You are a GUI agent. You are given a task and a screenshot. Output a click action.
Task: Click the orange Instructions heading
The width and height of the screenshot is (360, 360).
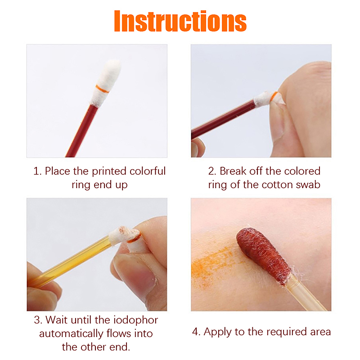click(180, 21)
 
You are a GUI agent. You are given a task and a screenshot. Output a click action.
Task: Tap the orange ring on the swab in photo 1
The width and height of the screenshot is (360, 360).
click(103, 89)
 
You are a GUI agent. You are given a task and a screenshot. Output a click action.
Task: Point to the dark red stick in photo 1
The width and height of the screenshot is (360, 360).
click(82, 131)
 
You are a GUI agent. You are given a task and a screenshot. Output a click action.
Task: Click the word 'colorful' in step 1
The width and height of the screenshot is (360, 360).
click(148, 171)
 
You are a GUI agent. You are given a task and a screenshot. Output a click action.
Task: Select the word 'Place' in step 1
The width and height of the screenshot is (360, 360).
click(58, 171)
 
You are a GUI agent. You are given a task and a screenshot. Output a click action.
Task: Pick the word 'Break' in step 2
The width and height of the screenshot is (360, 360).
click(233, 171)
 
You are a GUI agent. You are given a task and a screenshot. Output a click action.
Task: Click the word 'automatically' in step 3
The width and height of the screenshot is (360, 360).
click(72, 334)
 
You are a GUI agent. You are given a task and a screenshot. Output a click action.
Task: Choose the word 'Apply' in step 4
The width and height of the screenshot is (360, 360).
click(217, 332)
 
